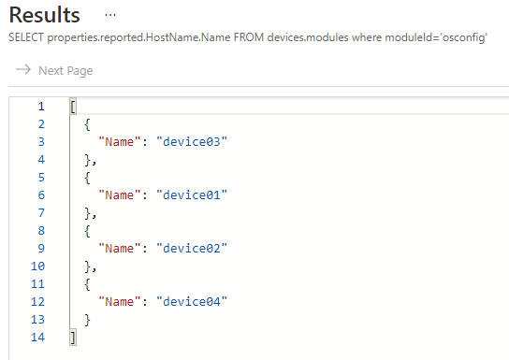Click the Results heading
[x=44, y=16]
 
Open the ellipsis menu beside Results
[x=110, y=16]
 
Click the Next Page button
[x=54, y=70]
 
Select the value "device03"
[x=194, y=141]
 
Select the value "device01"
[x=194, y=194]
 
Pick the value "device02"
[x=194, y=248]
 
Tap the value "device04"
[x=194, y=301]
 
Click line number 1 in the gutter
[x=40, y=106]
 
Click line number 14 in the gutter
[x=37, y=338]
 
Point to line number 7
[x=40, y=212]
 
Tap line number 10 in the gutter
[x=37, y=266]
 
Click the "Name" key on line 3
[x=120, y=141]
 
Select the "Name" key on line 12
[x=120, y=301]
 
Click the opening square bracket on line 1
[x=72, y=106]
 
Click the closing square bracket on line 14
[x=72, y=338]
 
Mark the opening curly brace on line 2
[x=86, y=123]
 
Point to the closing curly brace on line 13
[x=86, y=320]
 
